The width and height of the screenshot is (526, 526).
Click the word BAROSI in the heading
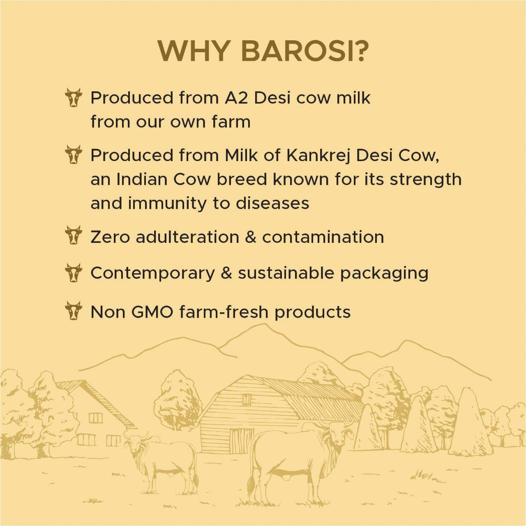(305, 51)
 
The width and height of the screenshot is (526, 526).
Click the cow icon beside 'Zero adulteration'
(74, 235)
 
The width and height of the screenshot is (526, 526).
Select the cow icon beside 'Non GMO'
(74, 310)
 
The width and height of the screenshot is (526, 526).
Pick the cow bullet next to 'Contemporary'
(74, 272)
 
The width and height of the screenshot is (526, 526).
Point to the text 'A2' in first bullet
(236, 98)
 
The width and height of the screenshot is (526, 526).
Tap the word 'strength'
(426, 180)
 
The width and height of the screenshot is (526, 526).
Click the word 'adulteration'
(187, 237)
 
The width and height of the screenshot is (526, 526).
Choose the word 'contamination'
(323, 237)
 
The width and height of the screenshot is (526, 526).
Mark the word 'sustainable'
(286, 273)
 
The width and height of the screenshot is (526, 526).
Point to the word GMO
(152, 312)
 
